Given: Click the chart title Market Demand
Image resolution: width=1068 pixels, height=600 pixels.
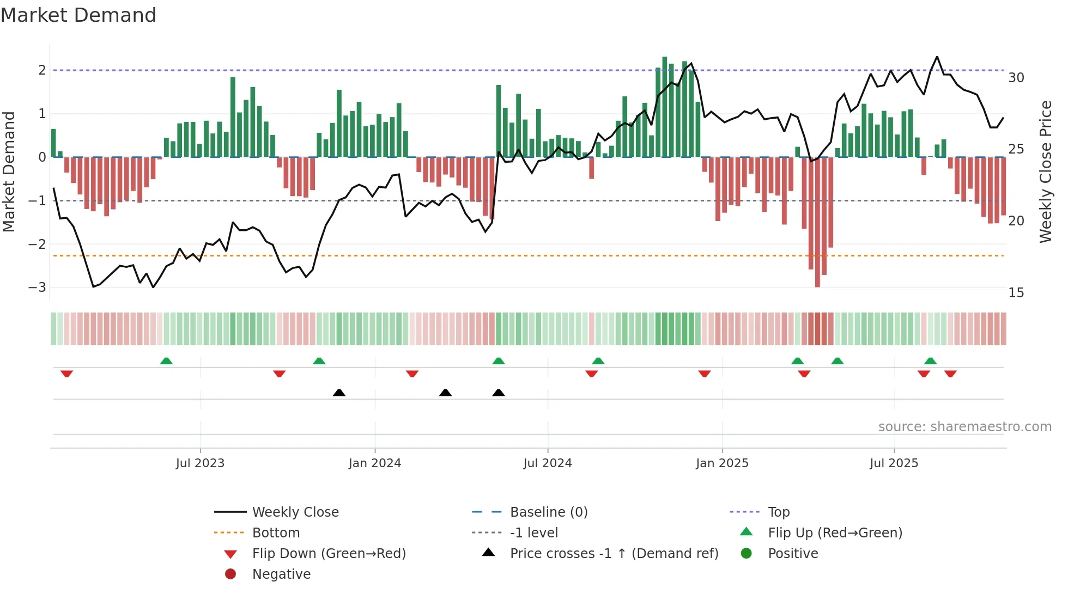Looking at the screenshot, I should coord(78,15).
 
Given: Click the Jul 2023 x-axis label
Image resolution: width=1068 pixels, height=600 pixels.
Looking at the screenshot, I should coord(200,463).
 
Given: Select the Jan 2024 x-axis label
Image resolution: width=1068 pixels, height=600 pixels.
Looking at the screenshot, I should coord(375,463).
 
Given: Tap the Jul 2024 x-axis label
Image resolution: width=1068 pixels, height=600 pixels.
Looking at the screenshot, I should coord(548,463).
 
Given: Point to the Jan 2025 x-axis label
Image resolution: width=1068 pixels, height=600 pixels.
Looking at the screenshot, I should coord(722,463).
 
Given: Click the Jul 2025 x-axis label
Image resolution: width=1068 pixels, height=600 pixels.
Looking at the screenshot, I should coord(894,463).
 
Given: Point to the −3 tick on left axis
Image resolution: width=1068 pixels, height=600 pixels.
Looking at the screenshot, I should coord(37,287).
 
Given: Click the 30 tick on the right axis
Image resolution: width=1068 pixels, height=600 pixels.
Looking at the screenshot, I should coord(1016,78).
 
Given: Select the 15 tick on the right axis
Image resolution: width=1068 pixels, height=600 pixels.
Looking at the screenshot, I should coord(1016,293).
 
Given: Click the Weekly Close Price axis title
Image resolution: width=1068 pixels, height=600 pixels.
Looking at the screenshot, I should coord(1045,172).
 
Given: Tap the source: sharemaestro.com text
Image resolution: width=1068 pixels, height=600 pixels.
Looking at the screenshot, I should coord(964,427).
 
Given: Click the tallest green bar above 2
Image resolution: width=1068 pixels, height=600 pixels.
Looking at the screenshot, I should coord(665,109).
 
